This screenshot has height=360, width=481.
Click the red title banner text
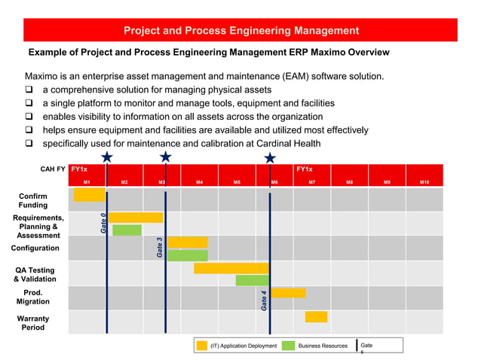point(241,31)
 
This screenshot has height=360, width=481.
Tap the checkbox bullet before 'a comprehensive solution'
point(30,90)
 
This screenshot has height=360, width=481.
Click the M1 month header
point(87,182)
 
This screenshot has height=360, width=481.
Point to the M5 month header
point(237,182)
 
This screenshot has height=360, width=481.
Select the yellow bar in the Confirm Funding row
point(89,194)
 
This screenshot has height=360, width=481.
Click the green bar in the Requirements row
point(127,230)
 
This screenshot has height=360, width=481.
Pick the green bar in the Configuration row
point(187,255)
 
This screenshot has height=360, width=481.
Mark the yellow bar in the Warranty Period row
point(316,316)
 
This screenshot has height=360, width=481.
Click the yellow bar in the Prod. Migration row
point(288,292)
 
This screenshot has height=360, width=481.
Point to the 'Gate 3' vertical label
point(159,248)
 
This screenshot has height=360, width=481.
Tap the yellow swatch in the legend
point(201,346)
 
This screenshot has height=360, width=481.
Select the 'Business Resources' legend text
point(323,346)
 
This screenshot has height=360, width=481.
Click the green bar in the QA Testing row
point(252,280)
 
